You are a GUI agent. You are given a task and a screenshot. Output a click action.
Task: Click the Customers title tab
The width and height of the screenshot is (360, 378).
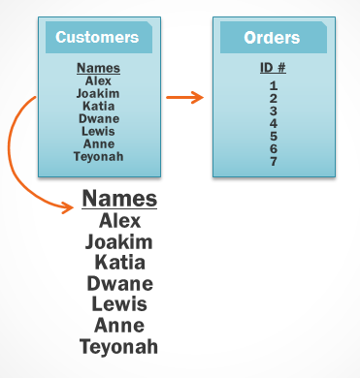(x=97, y=38)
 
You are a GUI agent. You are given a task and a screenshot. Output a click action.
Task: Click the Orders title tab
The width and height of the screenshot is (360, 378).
(x=272, y=38)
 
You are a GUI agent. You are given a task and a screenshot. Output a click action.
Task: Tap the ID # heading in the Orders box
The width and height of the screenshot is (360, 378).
(x=273, y=69)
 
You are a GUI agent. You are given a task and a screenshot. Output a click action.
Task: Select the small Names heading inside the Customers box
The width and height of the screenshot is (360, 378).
(x=98, y=68)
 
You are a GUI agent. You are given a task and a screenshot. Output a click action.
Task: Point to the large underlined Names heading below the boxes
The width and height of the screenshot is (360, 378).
(x=119, y=199)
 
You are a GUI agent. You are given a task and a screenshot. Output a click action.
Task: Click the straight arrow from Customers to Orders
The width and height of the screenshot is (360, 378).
(x=184, y=97)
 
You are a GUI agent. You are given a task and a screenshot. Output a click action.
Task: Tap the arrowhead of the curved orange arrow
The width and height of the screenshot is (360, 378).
(x=70, y=205)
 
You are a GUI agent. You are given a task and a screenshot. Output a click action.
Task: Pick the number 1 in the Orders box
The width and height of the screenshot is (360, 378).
(x=274, y=85)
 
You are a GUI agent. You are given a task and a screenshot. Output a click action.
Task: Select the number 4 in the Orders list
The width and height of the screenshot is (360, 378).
(x=274, y=123)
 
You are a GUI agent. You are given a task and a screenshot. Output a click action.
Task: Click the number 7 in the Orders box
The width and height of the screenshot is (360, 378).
(x=274, y=161)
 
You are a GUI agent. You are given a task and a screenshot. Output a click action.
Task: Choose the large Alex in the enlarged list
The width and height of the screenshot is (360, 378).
(x=119, y=221)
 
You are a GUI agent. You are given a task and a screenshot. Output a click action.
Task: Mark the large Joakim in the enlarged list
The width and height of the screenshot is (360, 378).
(x=119, y=241)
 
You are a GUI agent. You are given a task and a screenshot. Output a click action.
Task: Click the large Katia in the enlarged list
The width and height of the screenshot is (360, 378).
(x=119, y=263)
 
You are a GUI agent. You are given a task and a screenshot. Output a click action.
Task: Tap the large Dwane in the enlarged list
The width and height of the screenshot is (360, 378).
(x=119, y=284)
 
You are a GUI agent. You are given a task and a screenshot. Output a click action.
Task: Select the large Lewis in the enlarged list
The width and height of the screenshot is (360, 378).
(x=119, y=304)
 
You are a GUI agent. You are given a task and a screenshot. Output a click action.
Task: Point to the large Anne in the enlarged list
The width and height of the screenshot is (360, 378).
(x=119, y=326)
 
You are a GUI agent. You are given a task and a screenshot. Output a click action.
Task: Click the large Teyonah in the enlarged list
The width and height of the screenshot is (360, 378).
(x=119, y=347)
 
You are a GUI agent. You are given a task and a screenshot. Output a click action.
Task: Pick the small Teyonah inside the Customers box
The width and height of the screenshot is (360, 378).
(x=98, y=156)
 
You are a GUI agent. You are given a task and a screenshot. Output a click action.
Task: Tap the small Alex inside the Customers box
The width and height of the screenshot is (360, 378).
(x=98, y=81)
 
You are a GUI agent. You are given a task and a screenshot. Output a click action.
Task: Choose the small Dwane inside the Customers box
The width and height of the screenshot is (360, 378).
(x=98, y=118)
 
